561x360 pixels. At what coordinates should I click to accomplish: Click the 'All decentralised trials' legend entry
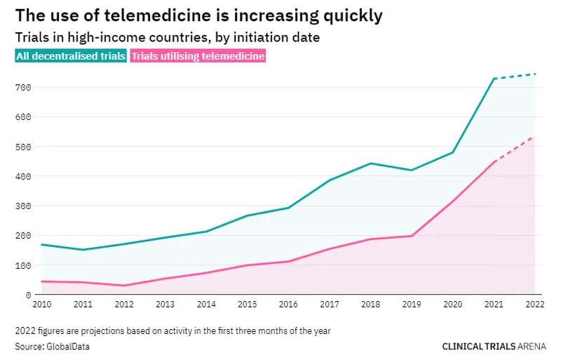pos(71,56)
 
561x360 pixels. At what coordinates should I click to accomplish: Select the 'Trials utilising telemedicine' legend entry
pos(198,56)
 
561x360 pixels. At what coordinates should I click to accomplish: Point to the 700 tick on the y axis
pos(23,88)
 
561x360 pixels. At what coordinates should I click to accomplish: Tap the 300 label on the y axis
pos(23,206)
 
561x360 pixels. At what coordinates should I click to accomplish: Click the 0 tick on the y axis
pos(28,295)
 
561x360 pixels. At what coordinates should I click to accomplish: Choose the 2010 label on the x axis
pos(42,305)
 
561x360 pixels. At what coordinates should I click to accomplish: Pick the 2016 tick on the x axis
pos(288,305)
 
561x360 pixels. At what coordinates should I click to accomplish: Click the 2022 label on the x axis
pos(535,305)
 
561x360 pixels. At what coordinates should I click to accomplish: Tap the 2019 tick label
pos(412,305)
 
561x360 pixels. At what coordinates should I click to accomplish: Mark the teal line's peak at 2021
pos(494,79)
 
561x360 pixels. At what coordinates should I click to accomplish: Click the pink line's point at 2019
pos(412,236)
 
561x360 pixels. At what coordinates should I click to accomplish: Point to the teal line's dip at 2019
pos(412,170)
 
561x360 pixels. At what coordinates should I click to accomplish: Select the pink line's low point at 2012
pos(124,286)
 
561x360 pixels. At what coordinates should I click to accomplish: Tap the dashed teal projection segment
pos(515,76)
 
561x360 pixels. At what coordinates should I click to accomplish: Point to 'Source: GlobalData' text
pos(52,347)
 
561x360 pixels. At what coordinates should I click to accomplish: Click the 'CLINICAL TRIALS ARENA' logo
pos(494,347)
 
